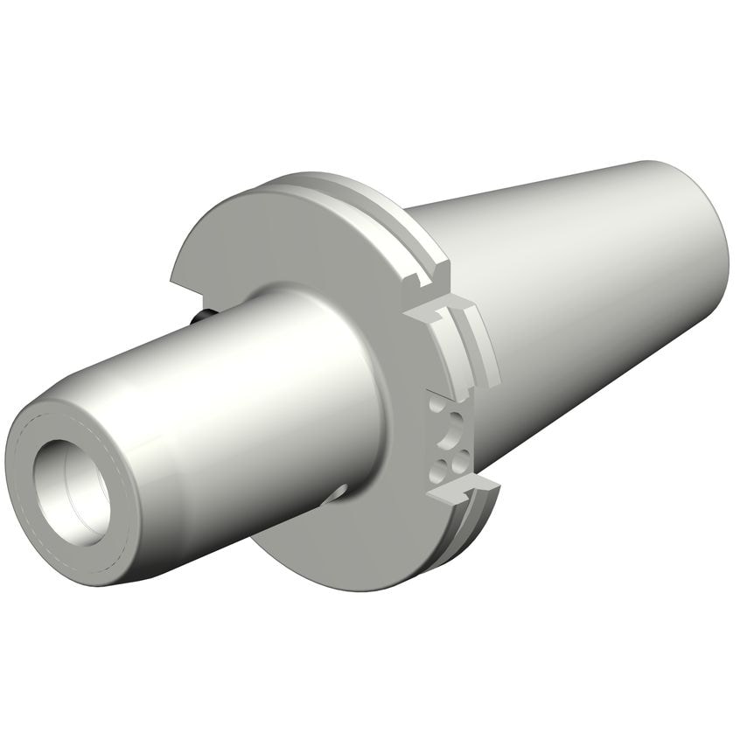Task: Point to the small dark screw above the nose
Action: (x=203, y=314)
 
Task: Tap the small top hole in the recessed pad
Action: (x=435, y=405)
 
